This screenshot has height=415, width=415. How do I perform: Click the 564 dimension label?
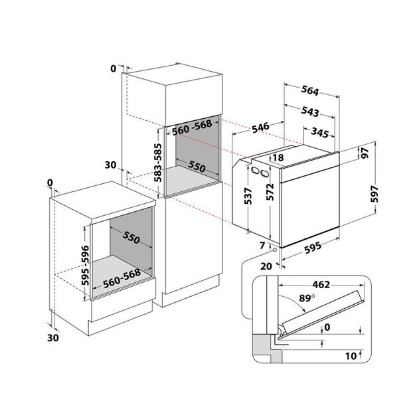click(309, 91)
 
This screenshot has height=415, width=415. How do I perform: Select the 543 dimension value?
click(309, 112)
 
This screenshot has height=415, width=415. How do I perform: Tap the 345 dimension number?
click(320, 133)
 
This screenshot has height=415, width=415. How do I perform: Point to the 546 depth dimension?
click(260, 127)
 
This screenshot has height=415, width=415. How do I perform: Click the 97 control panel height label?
click(365, 153)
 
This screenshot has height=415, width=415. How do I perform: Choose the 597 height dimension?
click(374, 194)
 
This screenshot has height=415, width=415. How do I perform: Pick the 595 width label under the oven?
click(313, 248)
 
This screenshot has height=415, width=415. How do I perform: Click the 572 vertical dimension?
click(270, 192)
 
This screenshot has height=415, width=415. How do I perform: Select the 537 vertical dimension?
click(248, 196)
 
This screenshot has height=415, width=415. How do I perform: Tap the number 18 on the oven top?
click(278, 158)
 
